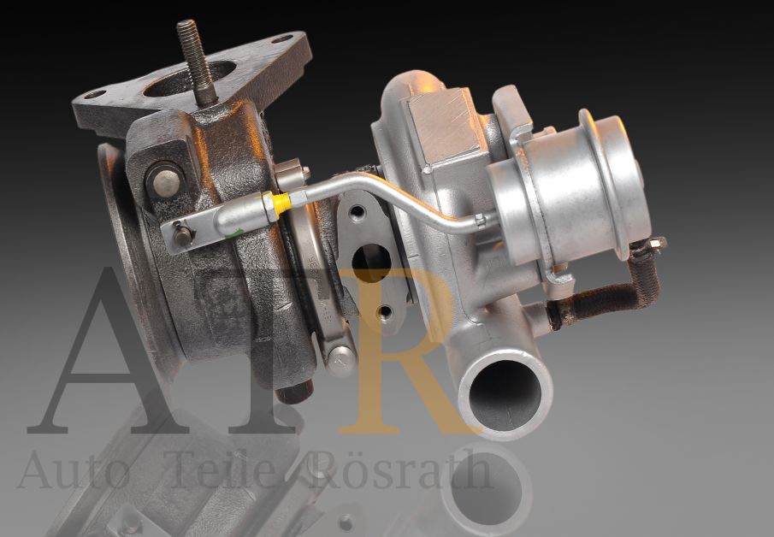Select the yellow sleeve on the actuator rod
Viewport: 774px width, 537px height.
coord(280,204)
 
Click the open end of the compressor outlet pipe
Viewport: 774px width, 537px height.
coord(505,389)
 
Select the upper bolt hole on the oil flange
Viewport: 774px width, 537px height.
coord(357,211)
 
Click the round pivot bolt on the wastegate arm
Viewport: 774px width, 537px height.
coord(165,180)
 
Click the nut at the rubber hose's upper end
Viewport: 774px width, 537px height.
coord(655,245)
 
